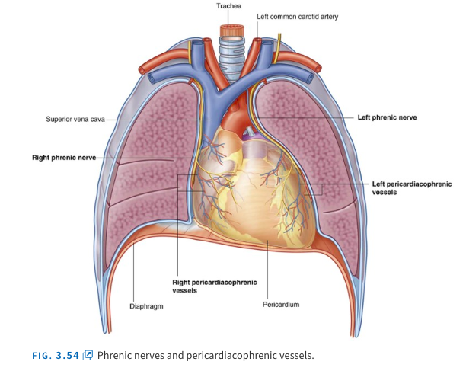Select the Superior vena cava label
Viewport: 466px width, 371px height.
coord(75,119)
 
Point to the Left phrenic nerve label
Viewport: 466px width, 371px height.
coord(388,118)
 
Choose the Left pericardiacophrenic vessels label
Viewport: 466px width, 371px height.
coord(411,188)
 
